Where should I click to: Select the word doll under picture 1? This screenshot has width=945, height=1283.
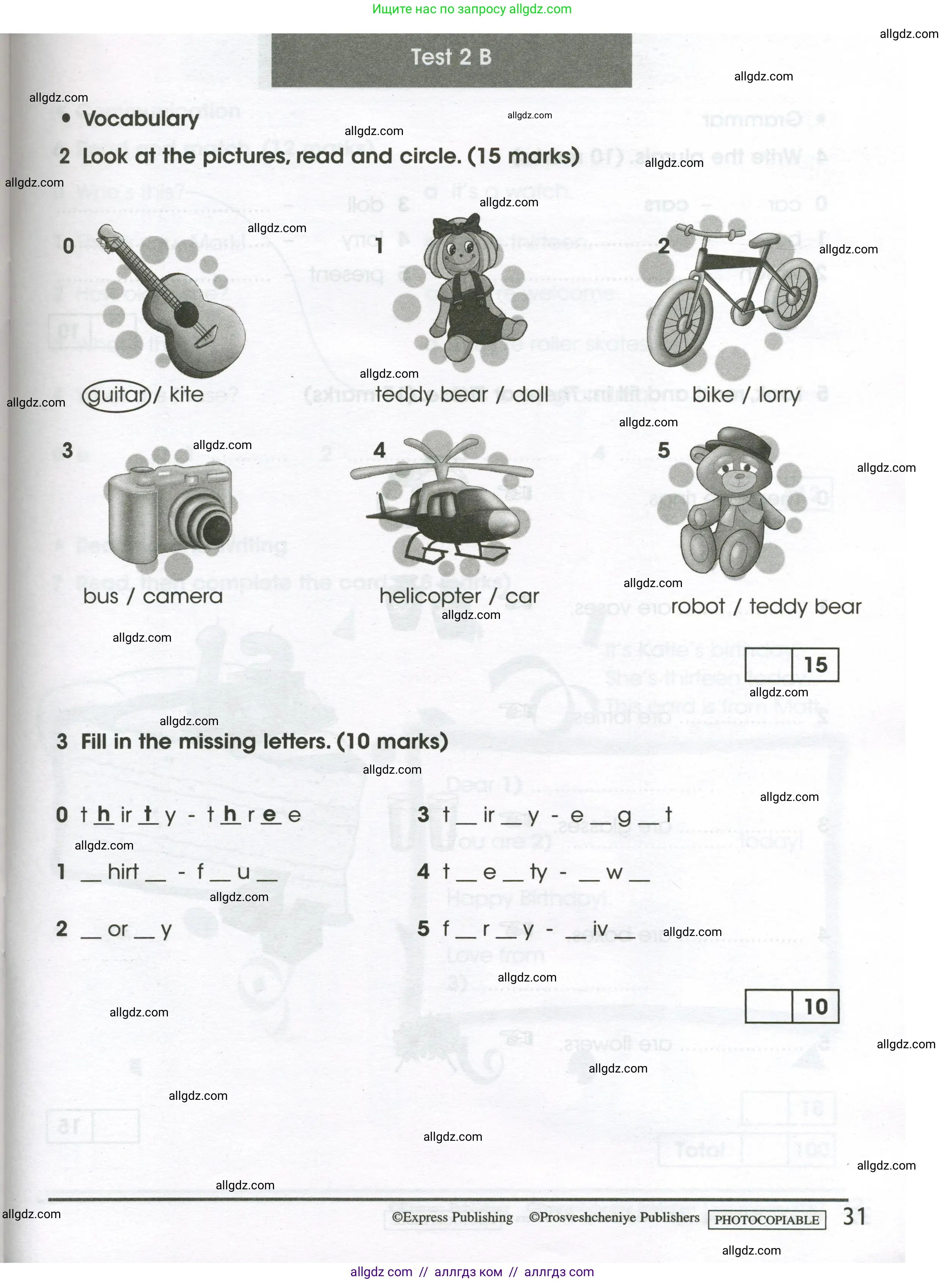(530, 395)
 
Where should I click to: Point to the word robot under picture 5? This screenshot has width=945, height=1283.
(698, 606)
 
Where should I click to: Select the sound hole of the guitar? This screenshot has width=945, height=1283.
(186, 315)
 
